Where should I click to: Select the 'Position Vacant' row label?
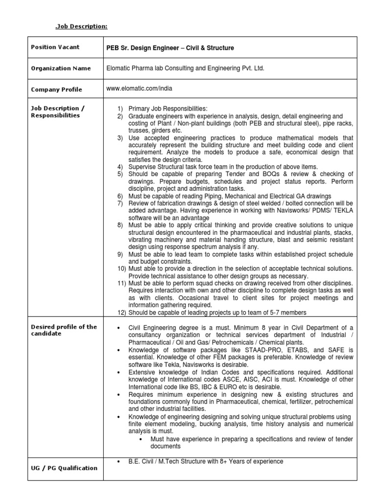coord(55,47)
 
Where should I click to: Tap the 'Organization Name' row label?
coord(61,68)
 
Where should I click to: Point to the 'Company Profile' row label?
coord(57,90)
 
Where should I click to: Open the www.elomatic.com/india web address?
coord(139,89)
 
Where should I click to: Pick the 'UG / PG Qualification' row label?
coord(64,468)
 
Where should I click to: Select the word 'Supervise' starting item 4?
coord(142,167)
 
